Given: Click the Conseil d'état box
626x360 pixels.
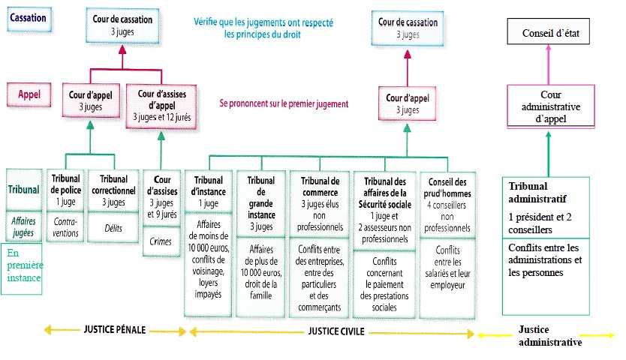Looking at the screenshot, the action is coord(548,31).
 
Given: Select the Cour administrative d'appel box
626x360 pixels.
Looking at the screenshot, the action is coord(551,106).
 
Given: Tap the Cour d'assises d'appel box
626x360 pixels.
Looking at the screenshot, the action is coord(161,106).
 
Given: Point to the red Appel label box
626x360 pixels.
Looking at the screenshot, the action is coord(29,94).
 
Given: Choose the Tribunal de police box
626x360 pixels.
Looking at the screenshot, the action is coord(65,190).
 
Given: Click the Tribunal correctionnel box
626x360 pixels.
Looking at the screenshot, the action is coord(113,190).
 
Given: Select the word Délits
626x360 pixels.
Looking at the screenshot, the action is coord(113,228).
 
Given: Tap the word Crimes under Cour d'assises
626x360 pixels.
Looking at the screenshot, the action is coord(161,241).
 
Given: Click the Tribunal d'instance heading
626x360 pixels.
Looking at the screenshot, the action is coord(209,186).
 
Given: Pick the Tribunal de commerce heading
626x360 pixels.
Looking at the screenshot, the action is coord(321,187).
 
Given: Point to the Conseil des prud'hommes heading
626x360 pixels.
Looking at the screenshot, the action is coord(447,188).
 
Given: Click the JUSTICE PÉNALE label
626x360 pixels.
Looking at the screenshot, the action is coord(115,330).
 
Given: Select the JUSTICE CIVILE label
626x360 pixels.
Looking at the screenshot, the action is coord(336,331).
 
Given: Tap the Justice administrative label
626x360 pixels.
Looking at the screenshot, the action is coord(550,336).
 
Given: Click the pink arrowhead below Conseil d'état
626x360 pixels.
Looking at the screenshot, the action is coord(548,47).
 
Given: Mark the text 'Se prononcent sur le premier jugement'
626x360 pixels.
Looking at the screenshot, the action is coord(284,103).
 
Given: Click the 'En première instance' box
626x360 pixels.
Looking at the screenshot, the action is coord(22,268).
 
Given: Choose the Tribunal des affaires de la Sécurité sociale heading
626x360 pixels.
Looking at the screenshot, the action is coord(385,193).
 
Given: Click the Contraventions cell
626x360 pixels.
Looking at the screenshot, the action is coord(65,227).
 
